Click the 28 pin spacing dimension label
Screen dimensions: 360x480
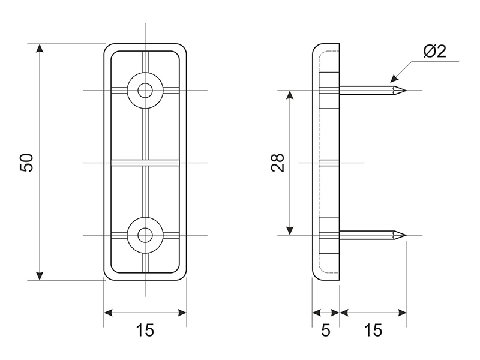[x=278, y=163]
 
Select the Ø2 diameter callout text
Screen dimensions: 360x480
[x=434, y=52]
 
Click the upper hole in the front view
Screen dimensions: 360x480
[x=145, y=91]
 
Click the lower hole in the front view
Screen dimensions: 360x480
[x=145, y=235]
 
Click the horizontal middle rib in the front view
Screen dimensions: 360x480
[x=145, y=162]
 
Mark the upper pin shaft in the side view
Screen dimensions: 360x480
[x=366, y=91]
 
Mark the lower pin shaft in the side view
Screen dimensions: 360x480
[x=366, y=235]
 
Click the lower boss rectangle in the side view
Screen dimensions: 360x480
[x=329, y=235]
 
